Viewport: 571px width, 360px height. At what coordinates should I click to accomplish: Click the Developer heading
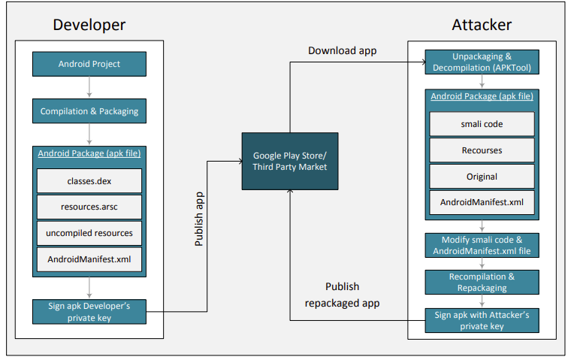[89, 25]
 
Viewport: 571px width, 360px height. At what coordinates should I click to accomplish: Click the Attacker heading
[482, 25]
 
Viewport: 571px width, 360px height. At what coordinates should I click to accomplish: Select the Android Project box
[89, 64]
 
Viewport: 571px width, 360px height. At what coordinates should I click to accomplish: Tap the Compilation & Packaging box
[89, 111]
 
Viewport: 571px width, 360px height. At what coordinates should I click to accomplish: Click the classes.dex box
[89, 181]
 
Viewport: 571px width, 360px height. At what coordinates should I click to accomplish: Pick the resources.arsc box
[89, 207]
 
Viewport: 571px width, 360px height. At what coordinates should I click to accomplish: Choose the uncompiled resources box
[89, 233]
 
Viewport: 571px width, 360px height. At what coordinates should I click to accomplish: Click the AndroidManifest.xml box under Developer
[89, 259]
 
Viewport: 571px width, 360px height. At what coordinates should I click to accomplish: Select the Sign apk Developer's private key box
[89, 311]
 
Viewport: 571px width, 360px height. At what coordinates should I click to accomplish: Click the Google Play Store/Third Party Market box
[290, 161]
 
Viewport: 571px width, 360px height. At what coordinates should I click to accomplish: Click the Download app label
[343, 50]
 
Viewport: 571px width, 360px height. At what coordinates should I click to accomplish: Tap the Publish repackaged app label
[342, 295]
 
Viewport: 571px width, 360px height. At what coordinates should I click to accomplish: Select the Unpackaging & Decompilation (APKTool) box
[482, 62]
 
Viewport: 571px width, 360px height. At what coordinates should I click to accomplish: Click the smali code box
[482, 124]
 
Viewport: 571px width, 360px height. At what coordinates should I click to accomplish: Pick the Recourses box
[482, 150]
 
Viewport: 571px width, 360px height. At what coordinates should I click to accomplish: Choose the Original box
[482, 176]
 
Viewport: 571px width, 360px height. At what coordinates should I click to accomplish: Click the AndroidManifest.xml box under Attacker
[482, 202]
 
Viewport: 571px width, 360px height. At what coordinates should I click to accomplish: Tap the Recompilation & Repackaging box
[482, 282]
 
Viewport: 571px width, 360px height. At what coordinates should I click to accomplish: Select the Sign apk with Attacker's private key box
[482, 320]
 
